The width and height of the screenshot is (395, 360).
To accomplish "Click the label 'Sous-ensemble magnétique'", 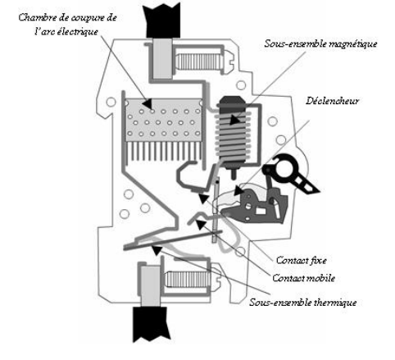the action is [320, 43].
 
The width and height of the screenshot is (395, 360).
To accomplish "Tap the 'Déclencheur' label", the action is [332, 101].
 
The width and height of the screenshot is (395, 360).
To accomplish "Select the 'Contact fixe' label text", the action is [302, 260].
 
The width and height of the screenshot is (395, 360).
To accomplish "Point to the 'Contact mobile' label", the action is [303, 278].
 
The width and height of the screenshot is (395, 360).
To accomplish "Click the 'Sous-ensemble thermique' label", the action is [303, 303].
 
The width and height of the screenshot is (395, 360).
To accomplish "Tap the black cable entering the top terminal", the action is [162, 21].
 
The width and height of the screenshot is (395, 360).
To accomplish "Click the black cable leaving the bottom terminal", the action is [151, 324].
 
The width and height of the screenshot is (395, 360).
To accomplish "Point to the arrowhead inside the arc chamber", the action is [147, 103].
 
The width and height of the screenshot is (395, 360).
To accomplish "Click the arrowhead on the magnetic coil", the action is [234, 120].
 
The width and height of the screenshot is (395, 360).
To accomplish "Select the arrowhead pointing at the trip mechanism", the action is [238, 190].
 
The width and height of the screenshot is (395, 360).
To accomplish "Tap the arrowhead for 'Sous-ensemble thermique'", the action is [157, 250].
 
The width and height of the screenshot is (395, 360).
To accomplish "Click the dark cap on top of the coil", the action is [232, 101].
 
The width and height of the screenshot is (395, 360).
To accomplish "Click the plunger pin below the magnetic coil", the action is [233, 174].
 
